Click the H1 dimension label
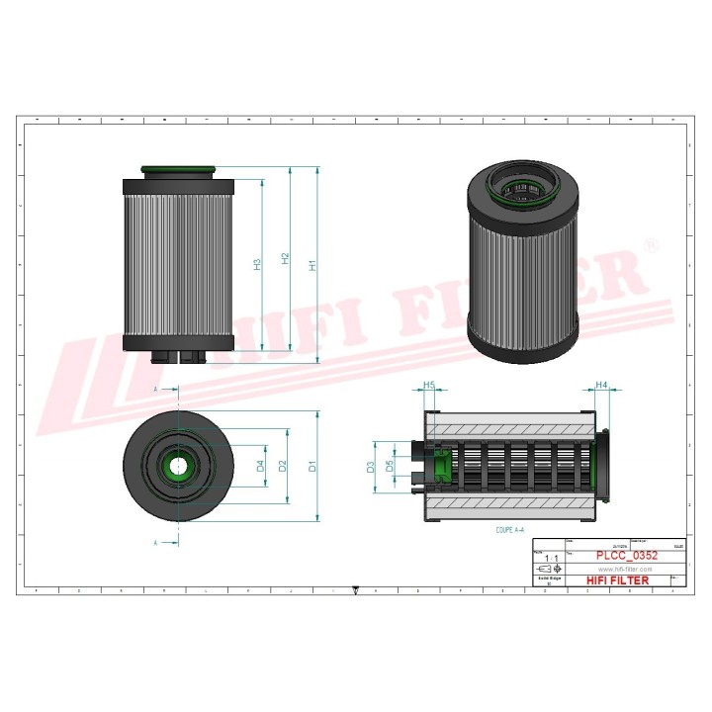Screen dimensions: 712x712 [312, 265]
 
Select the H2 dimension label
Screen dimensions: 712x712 [285, 259]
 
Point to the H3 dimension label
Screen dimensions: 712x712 [257, 264]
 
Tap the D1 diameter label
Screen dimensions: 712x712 [311, 466]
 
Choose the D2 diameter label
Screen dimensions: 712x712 [283, 466]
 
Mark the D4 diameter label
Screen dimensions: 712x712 [260, 466]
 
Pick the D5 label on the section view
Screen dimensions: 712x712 [391, 465]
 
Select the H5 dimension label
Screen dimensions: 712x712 [429, 385]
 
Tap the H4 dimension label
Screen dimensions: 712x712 [600, 385]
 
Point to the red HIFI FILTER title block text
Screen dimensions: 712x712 [618, 580]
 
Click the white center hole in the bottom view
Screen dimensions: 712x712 [178, 465]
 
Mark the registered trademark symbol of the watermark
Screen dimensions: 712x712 [650, 244]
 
